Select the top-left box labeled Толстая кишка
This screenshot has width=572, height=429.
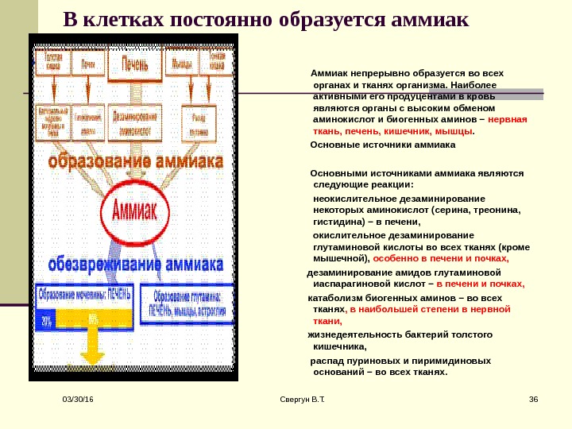coord(53,62)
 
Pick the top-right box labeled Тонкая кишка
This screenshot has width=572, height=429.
coord(217,62)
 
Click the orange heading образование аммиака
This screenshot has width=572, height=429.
coord(134,162)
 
